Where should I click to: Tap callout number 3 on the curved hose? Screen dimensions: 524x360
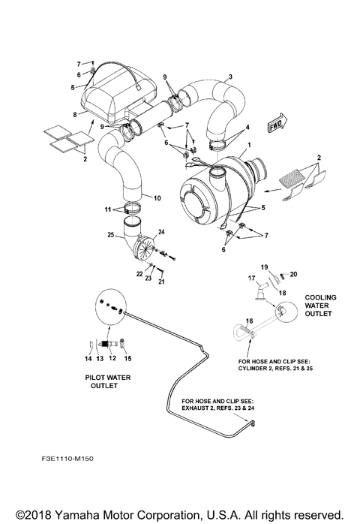tap(229, 77)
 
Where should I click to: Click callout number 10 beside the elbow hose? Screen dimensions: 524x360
tap(157, 198)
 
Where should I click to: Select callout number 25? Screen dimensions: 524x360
tap(112, 236)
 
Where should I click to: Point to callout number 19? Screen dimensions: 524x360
tap(264, 267)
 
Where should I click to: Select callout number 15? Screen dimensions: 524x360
tap(125, 347)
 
